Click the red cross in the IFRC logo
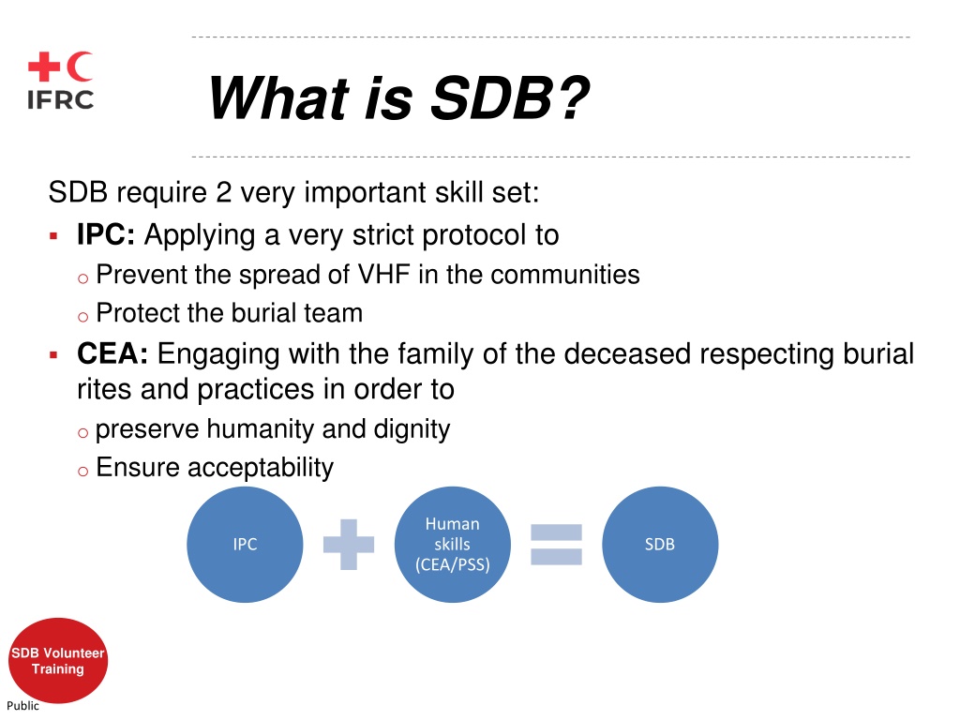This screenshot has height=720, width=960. pos(43,67)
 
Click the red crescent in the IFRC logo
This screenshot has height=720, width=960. pos(78,67)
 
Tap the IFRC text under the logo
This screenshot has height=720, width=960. pos(60,99)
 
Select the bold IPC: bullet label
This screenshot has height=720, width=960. pos(106,234)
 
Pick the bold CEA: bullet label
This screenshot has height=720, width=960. pos(112,353)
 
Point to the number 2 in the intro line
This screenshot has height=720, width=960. pos(223,192)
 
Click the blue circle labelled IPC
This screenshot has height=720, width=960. pos(245,545)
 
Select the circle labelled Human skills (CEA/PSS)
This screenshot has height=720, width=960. pos(453,545)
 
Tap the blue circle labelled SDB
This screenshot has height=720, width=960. pos(660,545)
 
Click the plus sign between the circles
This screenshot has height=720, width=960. pos(349,545)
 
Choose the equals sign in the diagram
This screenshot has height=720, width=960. pos(556,545)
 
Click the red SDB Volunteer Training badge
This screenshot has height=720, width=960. pos(58,661)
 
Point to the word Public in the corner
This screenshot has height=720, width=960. pos(22,705)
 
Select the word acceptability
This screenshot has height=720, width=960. pos(261,469)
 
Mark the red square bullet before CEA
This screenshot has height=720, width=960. pos(53,354)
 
